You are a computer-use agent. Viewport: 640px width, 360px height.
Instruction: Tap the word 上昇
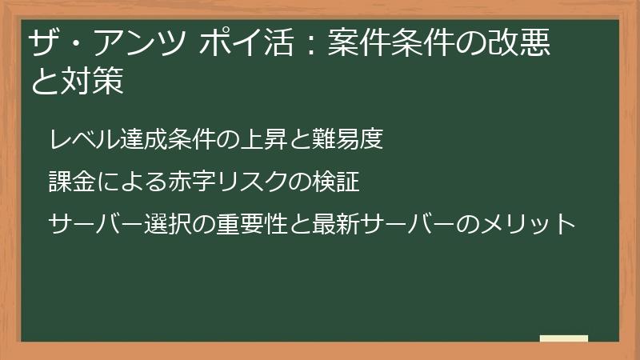click(x=274, y=141)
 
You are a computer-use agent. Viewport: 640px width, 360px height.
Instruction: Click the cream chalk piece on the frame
click(x=564, y=338)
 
